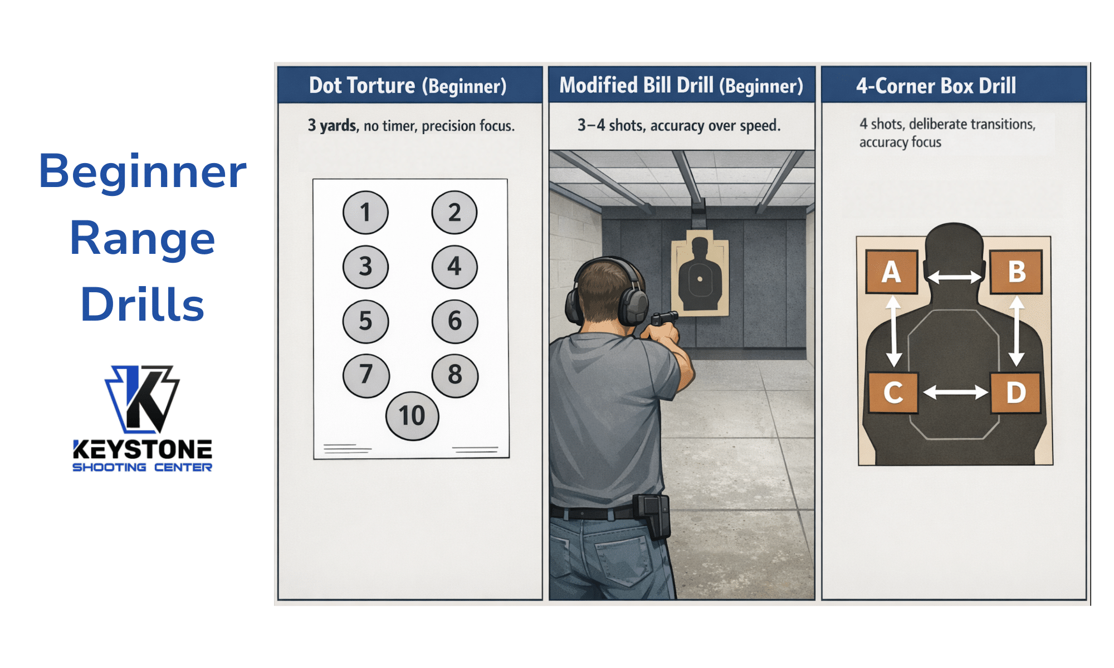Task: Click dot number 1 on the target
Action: tap(365, 212)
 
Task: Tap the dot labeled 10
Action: tap(412, 416)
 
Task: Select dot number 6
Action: tap(455, 321)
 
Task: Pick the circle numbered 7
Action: tap(365, 375)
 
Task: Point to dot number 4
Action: tap(455, 267)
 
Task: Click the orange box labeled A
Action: tap(891, 272)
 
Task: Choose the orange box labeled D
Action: tap(1015, 392)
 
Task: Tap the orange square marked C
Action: tap(893, 392)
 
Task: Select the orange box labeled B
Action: tap(1016, 272)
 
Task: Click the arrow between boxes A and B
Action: tap(954, 277)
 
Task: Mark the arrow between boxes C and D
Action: tap(955, 392)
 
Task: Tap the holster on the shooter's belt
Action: tap(654, 515)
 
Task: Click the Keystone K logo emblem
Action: tap(143, 399)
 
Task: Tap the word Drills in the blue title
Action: tap(143, 304)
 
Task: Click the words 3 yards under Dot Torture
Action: tap(332, 126)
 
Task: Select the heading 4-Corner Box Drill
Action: tap(936, 86)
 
